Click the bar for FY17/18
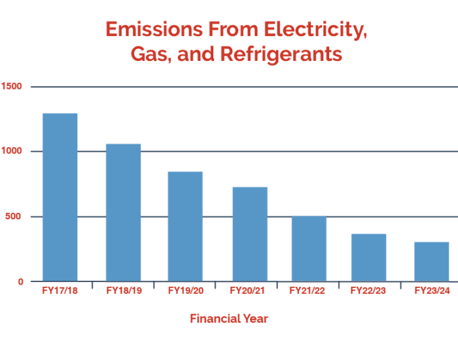60,196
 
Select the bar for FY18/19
123,212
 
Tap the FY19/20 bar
185,226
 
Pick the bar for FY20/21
249,234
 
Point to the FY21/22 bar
309,248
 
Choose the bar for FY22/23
368,257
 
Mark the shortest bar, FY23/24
431,261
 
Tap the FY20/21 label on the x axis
249,289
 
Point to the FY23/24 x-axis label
431,289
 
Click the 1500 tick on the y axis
12,86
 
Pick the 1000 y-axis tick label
12,151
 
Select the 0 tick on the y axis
21,281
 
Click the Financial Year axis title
229,319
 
